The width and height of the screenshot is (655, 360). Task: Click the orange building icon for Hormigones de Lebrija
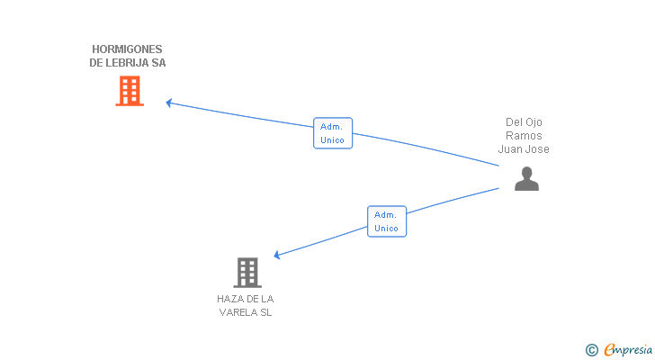click(x=130, y=90)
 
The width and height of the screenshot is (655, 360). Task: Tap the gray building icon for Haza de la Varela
click(x=247, y=272)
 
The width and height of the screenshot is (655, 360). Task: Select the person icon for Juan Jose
click(x=526, y=179)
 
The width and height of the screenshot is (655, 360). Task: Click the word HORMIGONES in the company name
click(x=128, y=49)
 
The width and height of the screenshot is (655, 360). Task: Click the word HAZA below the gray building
click(x=229, y=299)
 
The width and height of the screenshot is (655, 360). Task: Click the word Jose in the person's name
click(x=537, y=149)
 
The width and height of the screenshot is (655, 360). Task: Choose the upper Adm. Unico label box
click(x=333, y=133)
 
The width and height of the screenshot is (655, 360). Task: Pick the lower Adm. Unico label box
click(x=387, y=221)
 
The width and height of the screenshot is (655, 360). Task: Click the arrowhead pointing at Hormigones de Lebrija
click(x=169, y=103)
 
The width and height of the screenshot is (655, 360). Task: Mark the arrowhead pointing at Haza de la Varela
click(x=277, y=256)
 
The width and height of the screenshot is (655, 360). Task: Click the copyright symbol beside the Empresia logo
click(x=592, y=349)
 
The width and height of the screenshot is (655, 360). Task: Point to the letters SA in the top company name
click(x=158, y=63)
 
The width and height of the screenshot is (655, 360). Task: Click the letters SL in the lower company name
click(x=265, y=313)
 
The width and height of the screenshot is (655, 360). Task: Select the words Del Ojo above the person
click(x=524, y=122)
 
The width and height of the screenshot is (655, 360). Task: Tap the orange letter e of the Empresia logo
click(x=609, y=349)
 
